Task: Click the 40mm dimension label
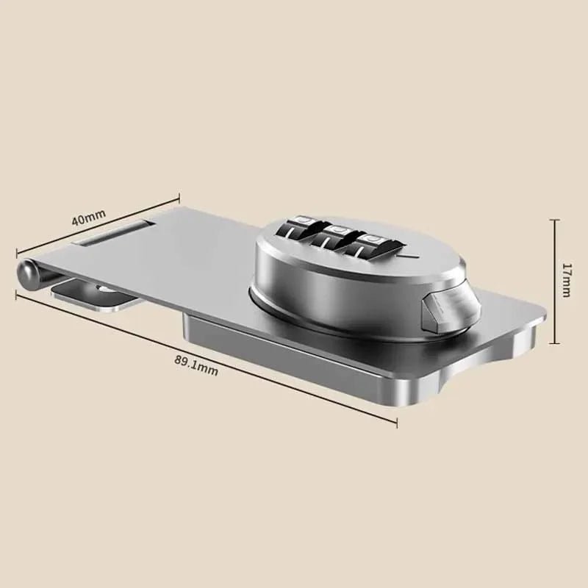point(89,220)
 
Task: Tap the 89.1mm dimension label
point(196,365)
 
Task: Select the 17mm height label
point(564,280)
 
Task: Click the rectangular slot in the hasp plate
point(113,235)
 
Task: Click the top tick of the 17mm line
point(556,218)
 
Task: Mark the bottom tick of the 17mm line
point(556,343)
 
